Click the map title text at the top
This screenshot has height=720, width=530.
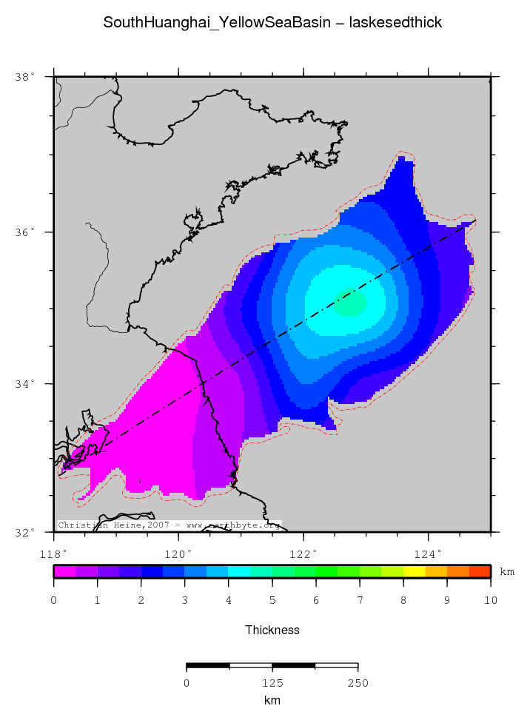272,23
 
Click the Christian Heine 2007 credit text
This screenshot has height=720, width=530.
169,525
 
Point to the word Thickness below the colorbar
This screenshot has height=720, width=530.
272,630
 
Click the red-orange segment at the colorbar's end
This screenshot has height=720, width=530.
480,571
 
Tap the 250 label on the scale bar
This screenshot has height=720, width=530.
358,683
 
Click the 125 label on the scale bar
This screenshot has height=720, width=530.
272,683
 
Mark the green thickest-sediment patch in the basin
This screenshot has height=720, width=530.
351,302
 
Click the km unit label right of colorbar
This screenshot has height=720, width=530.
507,572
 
